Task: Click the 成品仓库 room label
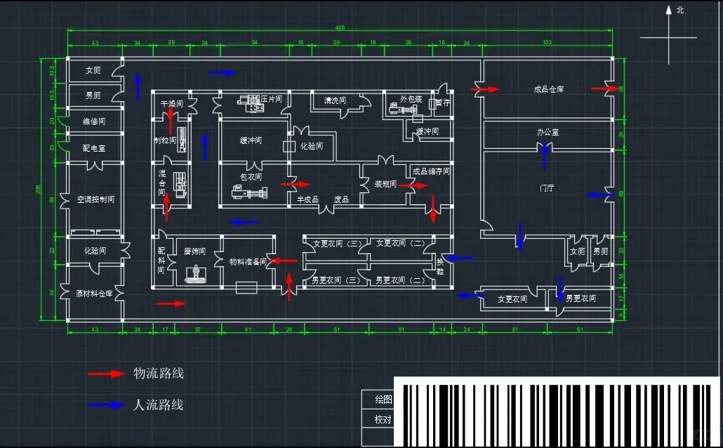tap(549, 89)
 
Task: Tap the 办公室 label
tap(548, 132)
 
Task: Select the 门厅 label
tap(548, 188)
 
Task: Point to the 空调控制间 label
tap(95, 199)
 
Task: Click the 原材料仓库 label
tap(93, 294)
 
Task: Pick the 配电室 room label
tap(93, 149)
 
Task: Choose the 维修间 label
tap(93, 121)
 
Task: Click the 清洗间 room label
tap(335, 100)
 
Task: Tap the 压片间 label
tap(271, 100)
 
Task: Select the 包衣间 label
tap(251, 177)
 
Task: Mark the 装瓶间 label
tap(385, 184)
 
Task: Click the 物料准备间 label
tap(248, 262)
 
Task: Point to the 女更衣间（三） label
tap(337, 244)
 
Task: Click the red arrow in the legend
tap(106, 374)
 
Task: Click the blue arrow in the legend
tap(106, 405)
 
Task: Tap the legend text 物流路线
tap(159, 374)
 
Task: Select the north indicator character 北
tap(679, 10)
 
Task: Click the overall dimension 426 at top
tap(340, 28)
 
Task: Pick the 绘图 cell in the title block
tap(383, 400)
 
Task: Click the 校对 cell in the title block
tap(383, 419)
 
